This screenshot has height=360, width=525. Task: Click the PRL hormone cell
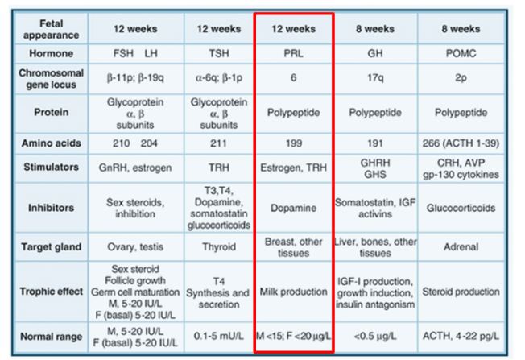tap(294, 53)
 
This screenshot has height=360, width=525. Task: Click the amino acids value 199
tap(294, 143)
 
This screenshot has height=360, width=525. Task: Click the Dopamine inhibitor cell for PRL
tap(294, 208)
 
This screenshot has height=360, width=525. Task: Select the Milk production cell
tap(294, 291)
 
